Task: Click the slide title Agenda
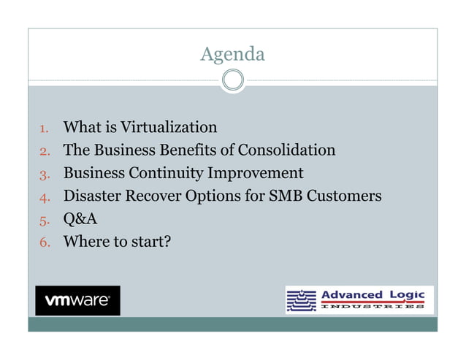(232, 54)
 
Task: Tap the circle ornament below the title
(232, 80)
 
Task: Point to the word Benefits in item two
(185, 150)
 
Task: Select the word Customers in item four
(350, 196)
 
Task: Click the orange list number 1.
(44, 129)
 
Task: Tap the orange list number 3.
(44, 175)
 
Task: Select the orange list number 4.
(44, 197)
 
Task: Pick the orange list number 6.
(44, 242)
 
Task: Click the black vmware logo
(77, 300)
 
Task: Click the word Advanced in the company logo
(352, 295)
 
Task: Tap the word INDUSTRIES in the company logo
(373, 307)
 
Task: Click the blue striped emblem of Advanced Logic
(302, 300)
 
